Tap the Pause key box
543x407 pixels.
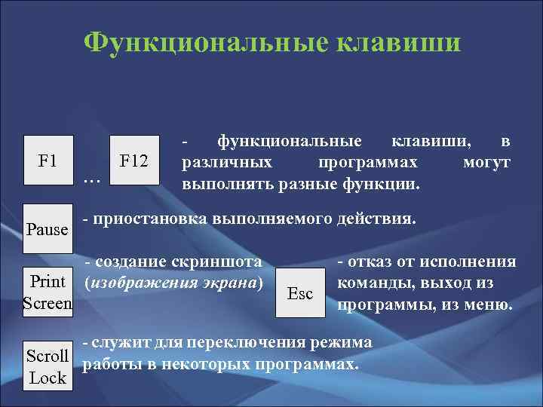[x=48, y=228]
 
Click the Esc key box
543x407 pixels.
[x=301, y=293]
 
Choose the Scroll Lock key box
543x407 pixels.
[x=48, y=366]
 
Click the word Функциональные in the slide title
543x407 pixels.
[x=201, y=42]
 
